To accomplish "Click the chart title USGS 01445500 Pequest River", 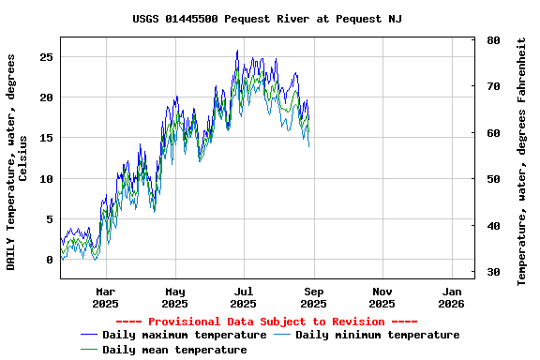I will click(x=267, y=19).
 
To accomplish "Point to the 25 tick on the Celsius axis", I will click(x=46, y=57).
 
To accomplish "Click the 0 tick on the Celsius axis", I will click(x=49, y=261).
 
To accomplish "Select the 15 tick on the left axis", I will click(x=46, y=139).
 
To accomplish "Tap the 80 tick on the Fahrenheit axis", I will click(x=493, y=41).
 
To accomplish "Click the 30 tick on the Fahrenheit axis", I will click(x=493, y=273).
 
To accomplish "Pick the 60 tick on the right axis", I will click(x=493, y=134).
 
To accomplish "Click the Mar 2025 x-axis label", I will click(x=106, y=297).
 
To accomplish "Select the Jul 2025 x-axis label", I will click(x=244, y=297).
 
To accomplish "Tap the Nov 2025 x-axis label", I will click(x=382, y=297).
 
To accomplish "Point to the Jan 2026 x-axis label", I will click(x=451, y=297).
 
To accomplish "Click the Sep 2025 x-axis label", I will click(x=313, y=297).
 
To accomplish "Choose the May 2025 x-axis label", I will click(x=175, y=297).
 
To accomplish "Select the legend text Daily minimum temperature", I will click(x=377, y=335).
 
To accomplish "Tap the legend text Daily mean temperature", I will click(x=174, y=350).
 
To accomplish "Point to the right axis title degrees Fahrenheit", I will click(x=521, y=161).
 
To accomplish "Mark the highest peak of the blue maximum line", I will click(x=237, y=51).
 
